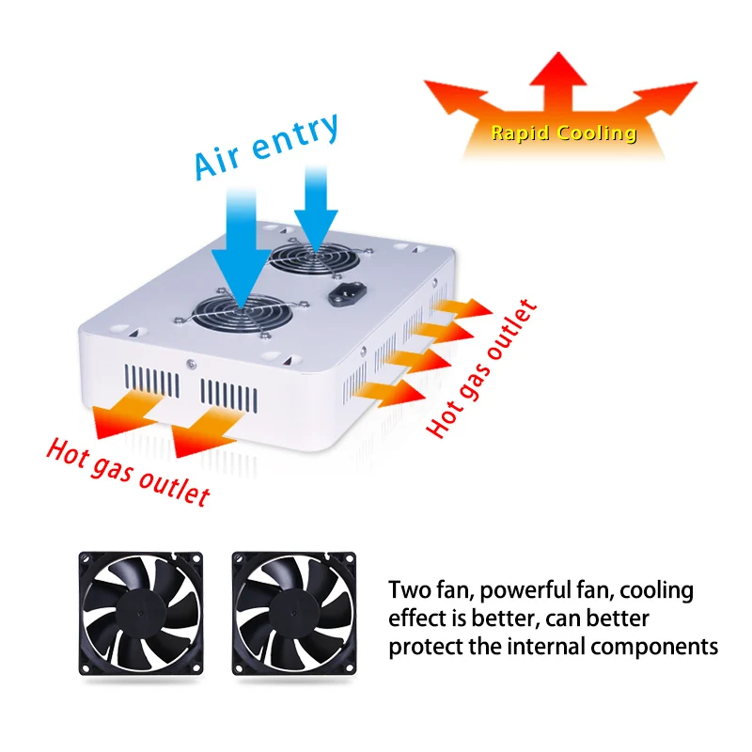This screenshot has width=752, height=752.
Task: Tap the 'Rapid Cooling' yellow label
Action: click(x=563, y=133)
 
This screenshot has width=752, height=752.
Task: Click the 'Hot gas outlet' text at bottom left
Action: click(x=128, y=471)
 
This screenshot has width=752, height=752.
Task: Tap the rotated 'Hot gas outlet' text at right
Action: click(x=482, y=368)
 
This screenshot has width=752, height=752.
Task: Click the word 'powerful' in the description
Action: click(x=510, y=591)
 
